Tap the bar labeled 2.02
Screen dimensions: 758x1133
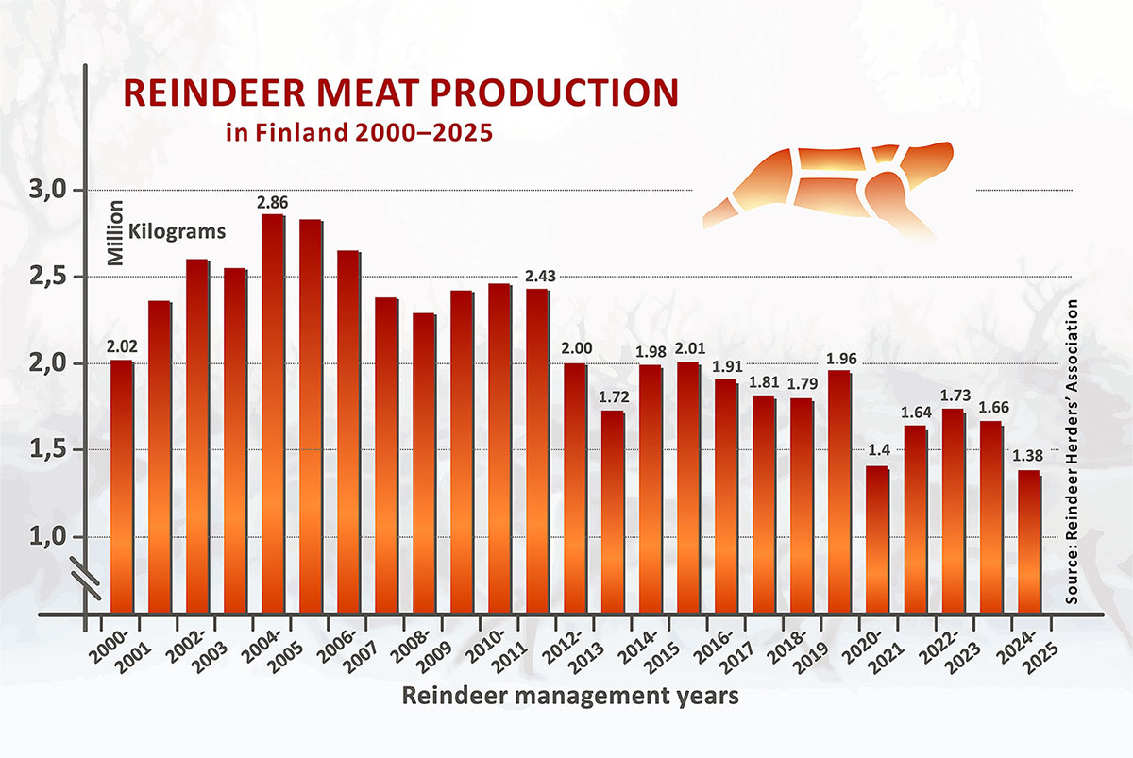[122, 486]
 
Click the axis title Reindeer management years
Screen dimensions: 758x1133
[570, 698]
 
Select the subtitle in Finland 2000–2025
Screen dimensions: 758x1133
[360, 131]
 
